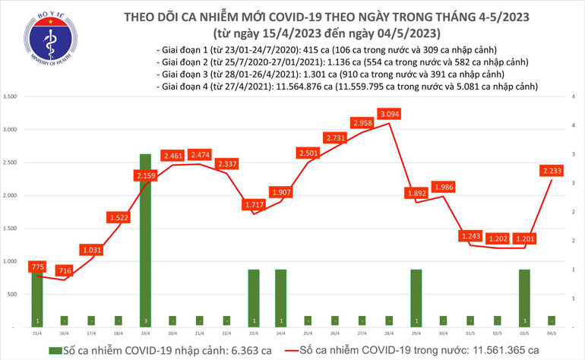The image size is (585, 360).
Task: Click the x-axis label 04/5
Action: click(550, 331)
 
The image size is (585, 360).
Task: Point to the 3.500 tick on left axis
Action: click(11, 97)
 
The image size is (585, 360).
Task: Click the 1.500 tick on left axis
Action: click(11, 228)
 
